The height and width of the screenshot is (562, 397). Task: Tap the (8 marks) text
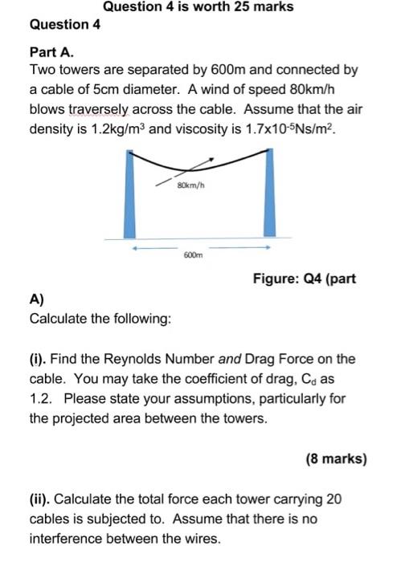tap(336, 460)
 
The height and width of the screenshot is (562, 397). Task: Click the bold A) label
tap(36, 300)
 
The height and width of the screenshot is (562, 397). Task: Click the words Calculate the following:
tap(100, 319)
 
